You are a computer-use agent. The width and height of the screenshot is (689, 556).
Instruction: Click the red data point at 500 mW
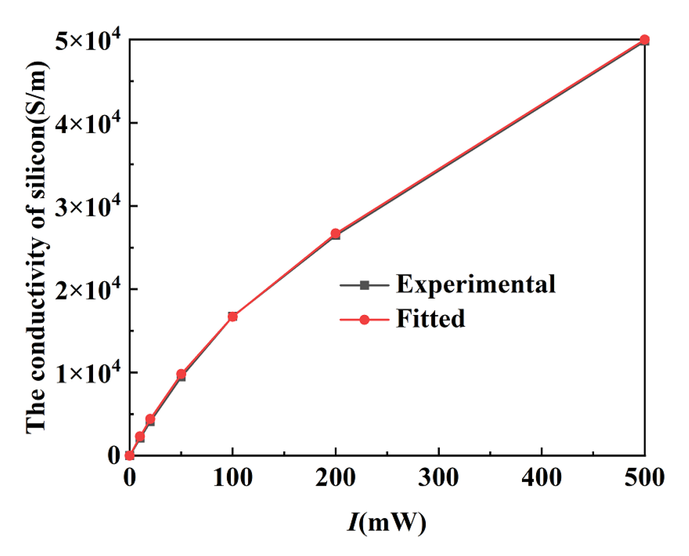click(x=644, y=40)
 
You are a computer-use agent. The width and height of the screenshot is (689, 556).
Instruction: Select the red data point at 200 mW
click(x=335, y=233)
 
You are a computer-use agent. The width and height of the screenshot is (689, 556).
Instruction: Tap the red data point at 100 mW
click(x=232, y=316)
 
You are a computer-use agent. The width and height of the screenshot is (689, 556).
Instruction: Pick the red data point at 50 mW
click(x=181, y=374)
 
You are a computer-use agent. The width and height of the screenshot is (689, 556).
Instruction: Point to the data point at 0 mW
click(x=130, y=455)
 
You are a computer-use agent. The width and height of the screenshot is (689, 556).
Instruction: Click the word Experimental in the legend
click(x=475, y=284)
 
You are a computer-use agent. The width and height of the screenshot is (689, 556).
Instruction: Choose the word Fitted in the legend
click(x=430, y=319)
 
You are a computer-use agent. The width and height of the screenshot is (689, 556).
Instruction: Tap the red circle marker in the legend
click(x=364, y=320)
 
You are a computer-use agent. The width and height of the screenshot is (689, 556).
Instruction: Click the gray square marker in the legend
click(x=364, y=285)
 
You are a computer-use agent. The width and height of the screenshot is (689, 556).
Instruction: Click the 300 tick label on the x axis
click(x=438, y=477)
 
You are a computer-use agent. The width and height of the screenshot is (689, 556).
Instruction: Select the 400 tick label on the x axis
click(x=542, y=477)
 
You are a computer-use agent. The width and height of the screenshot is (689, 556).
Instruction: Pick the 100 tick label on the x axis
click(x=233, y=477)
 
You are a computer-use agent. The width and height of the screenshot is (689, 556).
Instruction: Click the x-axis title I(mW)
click(x=386, y=522)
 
